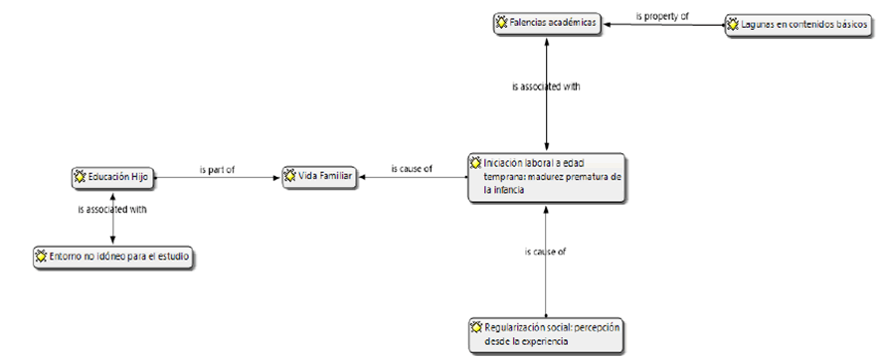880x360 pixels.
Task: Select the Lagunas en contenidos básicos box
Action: click(799, 26)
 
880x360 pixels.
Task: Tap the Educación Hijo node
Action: click(112, 177)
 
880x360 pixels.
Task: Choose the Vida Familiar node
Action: click(319, 177)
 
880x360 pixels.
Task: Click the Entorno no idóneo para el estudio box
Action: click(113, 258)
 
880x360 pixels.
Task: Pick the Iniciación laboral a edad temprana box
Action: click(546, 177)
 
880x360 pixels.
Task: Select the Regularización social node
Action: click(546, 335)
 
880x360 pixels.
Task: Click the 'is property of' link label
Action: click(662, 16)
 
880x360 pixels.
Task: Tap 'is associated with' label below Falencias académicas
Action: click(546, 88)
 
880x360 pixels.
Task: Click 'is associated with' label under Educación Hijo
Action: click(112, 210)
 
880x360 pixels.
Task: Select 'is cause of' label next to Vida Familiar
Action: click(412, 168)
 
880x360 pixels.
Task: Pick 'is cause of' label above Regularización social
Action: click(546, 252)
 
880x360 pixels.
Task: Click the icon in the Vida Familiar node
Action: click(290, 176)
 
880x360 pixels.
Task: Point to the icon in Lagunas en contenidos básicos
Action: click(733, 25)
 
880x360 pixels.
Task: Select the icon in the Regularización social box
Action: click(476, 326)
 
